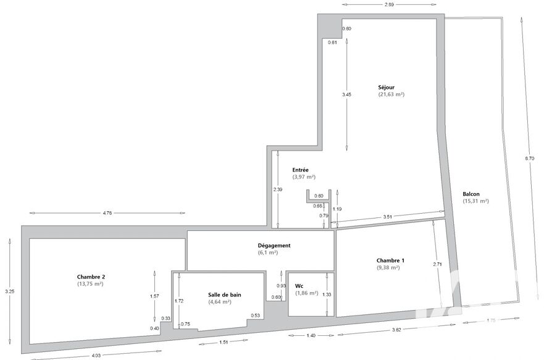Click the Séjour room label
386,88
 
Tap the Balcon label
471,195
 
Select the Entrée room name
300,170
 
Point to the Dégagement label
274,246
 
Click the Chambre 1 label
390,261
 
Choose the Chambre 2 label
91,277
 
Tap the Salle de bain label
225,295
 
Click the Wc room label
299,286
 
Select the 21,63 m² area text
391,94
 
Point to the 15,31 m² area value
475,201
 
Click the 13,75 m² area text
90,283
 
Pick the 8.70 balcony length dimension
529,159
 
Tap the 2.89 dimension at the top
389,4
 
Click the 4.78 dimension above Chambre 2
107,213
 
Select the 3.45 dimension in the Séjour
346,94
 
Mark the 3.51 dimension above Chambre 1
388,217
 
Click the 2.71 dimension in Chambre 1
438,264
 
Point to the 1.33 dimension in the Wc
327,295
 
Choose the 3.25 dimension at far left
10,291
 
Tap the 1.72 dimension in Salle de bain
178,301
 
